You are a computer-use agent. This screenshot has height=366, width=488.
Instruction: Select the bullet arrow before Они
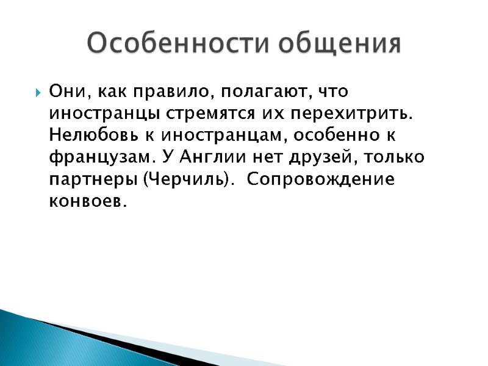tap(38, 93)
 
